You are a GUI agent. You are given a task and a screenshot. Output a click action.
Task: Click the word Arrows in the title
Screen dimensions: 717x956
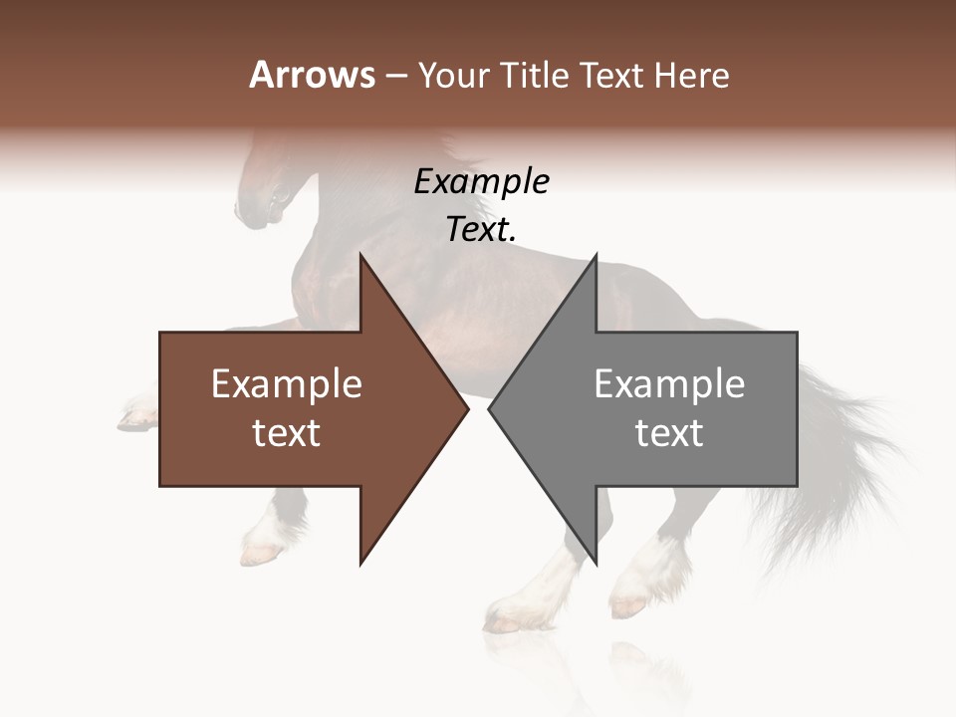coord(312,75)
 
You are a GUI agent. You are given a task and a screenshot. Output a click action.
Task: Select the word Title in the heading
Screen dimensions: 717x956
coord(534,76)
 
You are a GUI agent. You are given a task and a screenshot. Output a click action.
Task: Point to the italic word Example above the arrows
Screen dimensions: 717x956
coord(481,182)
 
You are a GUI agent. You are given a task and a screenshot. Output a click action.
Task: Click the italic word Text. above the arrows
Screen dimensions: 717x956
coord(481,230)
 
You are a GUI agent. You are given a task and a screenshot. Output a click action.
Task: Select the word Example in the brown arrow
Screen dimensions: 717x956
coord(287,384)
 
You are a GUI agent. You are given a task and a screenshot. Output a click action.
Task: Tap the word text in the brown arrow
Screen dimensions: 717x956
coord(287,433)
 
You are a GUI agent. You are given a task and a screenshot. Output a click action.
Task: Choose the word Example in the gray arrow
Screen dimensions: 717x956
coord(669,384)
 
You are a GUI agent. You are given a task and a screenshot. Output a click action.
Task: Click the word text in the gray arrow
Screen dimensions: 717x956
coord(669,433)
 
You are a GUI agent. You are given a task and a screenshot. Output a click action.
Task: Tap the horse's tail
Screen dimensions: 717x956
coord(846,458)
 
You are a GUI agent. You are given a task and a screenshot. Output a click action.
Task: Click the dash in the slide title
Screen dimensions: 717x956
coord(395,76)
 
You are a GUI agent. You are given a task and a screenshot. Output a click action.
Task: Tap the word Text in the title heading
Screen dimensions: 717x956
coord(609,76)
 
